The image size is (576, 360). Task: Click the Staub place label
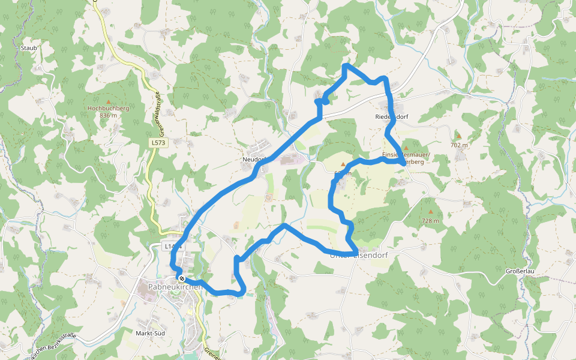tap(29, 47)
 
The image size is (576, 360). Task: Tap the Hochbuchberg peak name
tap(109, 108)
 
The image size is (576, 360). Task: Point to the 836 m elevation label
tap(109, 115)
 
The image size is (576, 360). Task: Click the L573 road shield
tap(158, 143)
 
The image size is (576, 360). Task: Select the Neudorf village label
tap(254, 160)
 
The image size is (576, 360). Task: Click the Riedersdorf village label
tap(391, 116)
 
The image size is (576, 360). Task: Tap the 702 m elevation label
tap(458, 145)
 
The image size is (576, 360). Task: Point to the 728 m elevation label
tap(430, 221)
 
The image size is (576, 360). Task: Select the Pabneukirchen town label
tap(174, 287)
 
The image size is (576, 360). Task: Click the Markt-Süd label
tap(150, 333)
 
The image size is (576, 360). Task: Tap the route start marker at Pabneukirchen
tap(181, 278)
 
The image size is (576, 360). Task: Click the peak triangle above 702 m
tap(458, 137)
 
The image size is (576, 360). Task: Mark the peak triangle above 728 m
tap(430, 212)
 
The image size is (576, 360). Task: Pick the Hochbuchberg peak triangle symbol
tap(109, 101)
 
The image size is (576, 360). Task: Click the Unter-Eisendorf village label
tap(359, 256)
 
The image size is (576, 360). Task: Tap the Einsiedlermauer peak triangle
tap(406, 148)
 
